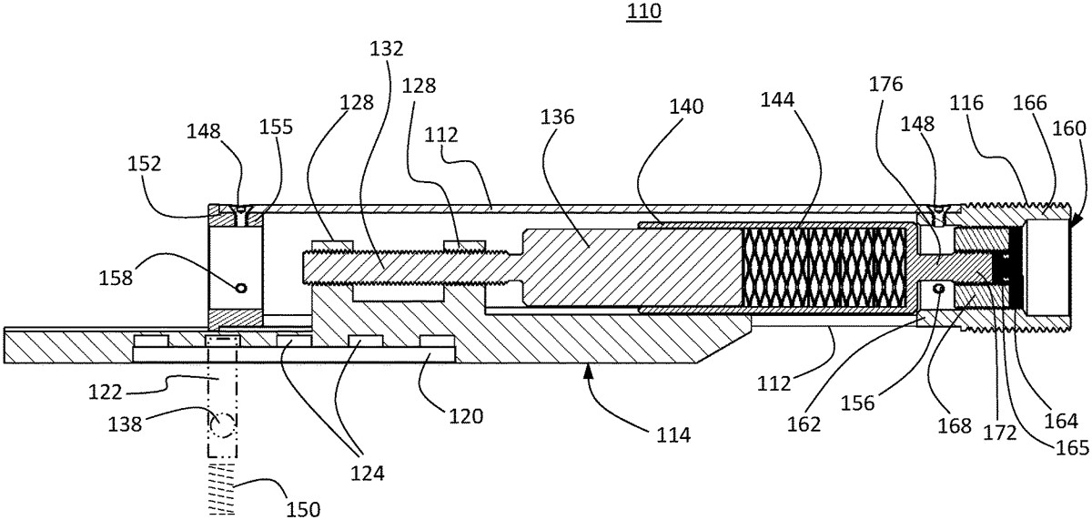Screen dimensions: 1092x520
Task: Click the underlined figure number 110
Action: [643, 11]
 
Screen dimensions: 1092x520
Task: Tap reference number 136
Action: [557, 117]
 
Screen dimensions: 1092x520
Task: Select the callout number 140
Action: [686, 107]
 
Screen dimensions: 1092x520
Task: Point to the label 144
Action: [777, 99]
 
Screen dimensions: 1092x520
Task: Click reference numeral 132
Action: [387, 49]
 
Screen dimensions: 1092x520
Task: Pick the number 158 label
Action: [116, 278]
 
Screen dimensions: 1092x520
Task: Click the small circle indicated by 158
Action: [241, 288]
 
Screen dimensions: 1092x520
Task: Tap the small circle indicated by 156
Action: [938, 289]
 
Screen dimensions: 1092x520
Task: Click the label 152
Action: [145, 164]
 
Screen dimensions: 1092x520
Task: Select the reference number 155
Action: [276, 127]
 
